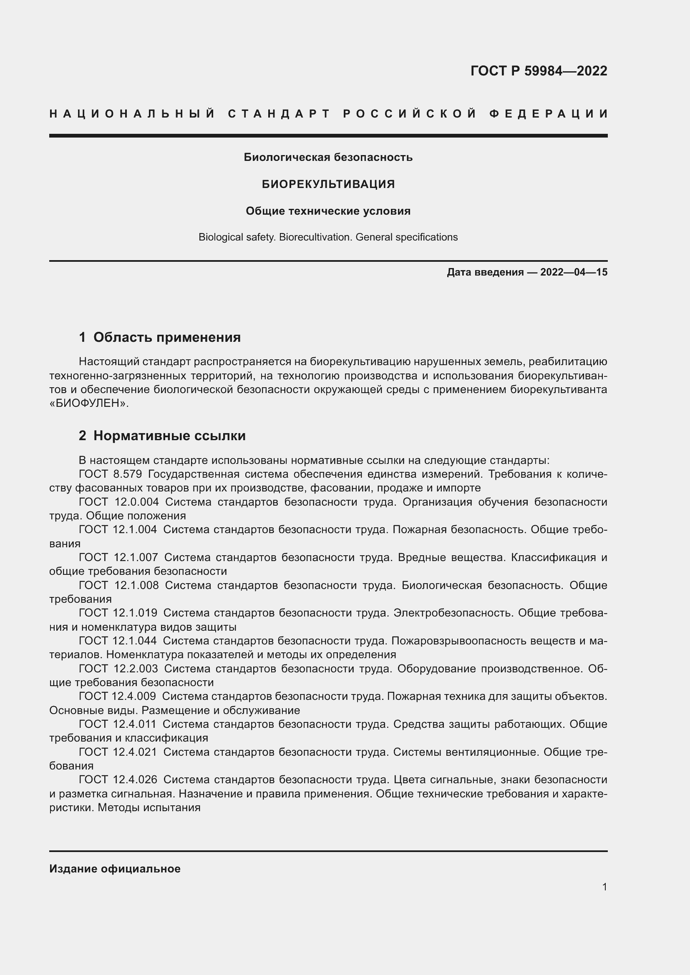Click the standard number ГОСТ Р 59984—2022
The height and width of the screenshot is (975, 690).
pyautogui.click(x=538, y=70)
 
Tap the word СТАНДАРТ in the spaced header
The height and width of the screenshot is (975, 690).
pyautogui.click(x=279, y=114)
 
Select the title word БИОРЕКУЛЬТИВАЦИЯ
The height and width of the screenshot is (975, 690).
pyautogui.click(x=328, y=184)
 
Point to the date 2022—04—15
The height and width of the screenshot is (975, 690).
pyautogui.click(x=574, y=272)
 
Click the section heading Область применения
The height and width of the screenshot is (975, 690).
pyautogui.click(x=167, y=337)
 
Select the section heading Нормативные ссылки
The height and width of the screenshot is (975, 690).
pyautogui.click(x=169, y=436)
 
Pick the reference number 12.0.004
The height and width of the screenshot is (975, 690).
pyautogui.click(x=136, y=502)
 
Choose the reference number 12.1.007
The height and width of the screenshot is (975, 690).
pyautogui.click(x=136, y=557)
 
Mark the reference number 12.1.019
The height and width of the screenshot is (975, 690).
pyautogui.click(x=135, y=613)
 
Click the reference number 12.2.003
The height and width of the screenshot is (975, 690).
pyautogui.click(x=136, y=668)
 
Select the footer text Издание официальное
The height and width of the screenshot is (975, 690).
pyautogui.click(x=115, y=869)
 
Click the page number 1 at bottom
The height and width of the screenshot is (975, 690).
pyautogui.click(x=604, y=887)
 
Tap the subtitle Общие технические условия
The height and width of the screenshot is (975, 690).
pyautogui.click(x=328, y=211)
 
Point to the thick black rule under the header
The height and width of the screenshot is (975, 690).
pyautogui.click(x=328, y=136)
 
